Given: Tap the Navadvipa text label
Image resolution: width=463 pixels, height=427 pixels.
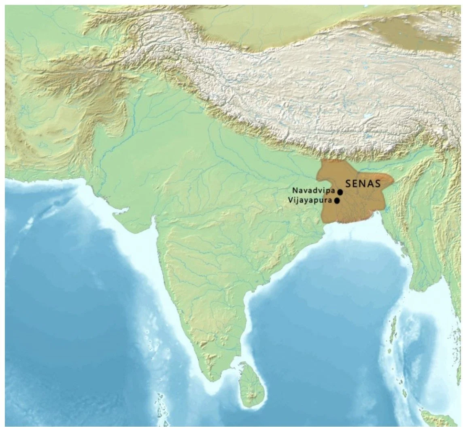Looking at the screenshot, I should pyautogui.click(x=313, y=190).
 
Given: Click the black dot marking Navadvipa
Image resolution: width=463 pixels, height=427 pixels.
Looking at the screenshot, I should pyautogui.click(x=340, y=192).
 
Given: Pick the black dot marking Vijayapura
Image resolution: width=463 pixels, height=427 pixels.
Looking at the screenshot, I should pyautogui.click(x=337, y=201).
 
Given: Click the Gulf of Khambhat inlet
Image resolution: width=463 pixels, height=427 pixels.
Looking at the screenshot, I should pyautogui.click(x=153, y=224).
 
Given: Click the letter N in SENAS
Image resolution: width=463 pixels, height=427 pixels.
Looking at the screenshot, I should pyautogui.click(x=363, y=184).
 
